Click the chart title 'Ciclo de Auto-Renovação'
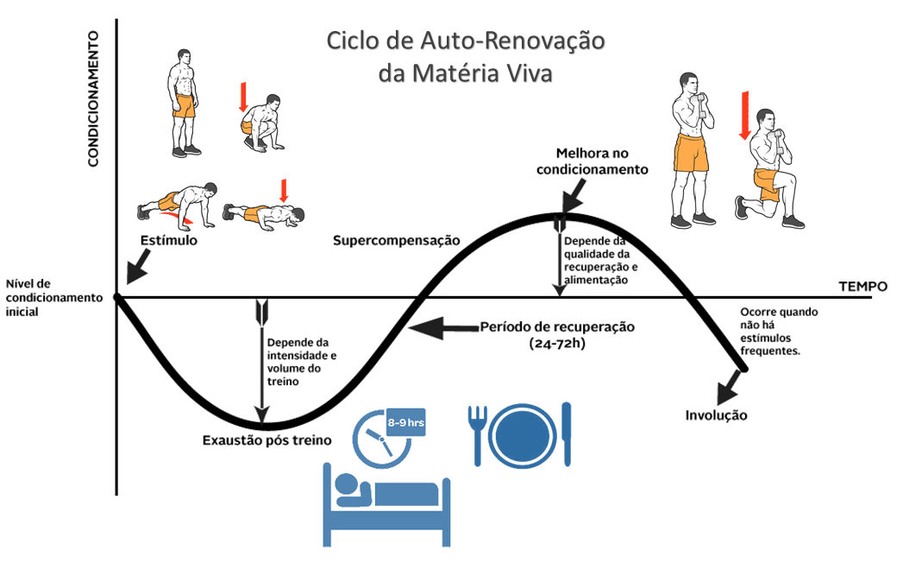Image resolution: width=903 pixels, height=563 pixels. [x=465, y=41]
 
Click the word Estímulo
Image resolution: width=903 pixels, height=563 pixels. [x=169, y=240]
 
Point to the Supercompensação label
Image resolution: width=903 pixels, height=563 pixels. [x=396, y=239]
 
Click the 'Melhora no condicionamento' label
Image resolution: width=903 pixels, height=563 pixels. [x=592, y=161]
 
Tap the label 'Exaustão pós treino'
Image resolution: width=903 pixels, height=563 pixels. [x=267, y=440]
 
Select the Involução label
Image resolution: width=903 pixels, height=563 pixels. [x=716, y=415]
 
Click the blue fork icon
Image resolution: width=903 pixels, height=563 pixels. [x=477, y=431]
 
